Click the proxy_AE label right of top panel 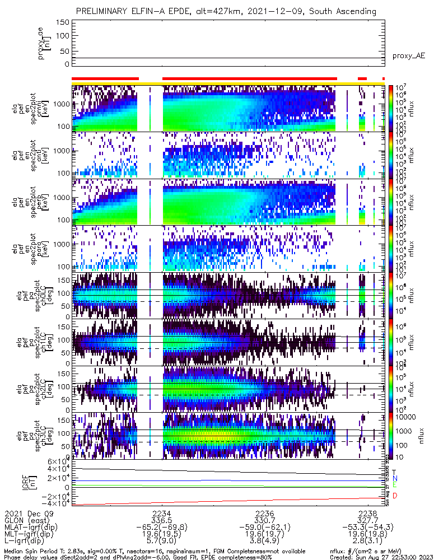coord(410,56)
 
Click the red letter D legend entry coord(395,496)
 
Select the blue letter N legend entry coord(395,478)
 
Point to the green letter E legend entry coord(395,484)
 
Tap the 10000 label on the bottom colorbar coord(405,417)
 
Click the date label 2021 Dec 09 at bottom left coord(26,513)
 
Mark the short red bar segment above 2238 coord(362,79)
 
